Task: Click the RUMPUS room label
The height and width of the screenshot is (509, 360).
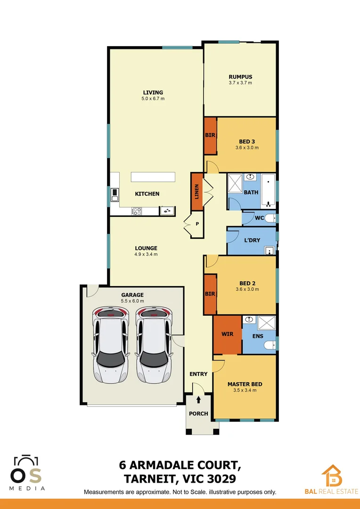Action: tap(240, 77)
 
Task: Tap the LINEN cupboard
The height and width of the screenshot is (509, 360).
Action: tap(196, 191)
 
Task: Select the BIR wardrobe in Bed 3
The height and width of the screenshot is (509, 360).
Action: tap(210, 136)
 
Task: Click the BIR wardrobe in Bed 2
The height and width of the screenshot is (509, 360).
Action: tap(210, 294)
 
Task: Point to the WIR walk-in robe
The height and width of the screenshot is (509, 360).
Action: tap(227, 335)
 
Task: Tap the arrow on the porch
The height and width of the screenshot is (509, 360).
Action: tap(198, 400)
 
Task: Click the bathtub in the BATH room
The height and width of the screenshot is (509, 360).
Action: tap(268, 191)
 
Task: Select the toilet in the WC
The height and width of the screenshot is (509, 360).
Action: tap(270, 218)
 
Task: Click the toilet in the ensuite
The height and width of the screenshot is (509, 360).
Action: tap(270, 346)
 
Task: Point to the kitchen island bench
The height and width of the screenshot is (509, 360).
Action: tap(153, 177)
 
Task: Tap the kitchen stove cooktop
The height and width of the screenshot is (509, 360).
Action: tap(136, 211)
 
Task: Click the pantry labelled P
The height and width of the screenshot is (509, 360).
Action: tap(197, 224)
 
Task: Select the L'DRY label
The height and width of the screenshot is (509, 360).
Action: tap(252, 240)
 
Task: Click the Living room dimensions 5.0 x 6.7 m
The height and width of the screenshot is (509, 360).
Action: tap(153, 99)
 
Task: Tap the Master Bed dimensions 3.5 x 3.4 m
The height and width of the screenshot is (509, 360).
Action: tap(245, 390)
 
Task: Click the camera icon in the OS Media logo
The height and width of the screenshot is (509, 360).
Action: tap(26, 461)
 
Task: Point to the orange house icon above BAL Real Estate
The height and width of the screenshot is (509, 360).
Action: tap(332, 475)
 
